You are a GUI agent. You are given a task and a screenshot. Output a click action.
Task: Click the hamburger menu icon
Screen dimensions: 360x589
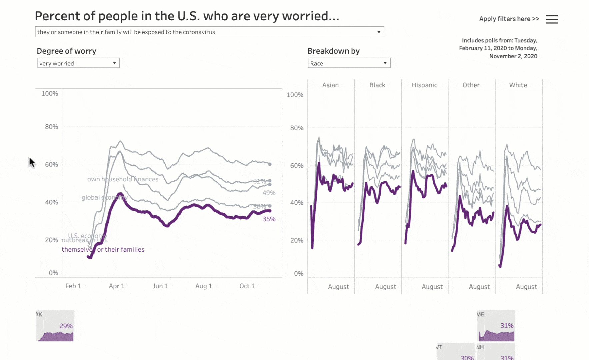(x=552, y=19)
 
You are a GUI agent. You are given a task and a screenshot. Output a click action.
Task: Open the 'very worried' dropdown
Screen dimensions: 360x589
(x=78, y=63)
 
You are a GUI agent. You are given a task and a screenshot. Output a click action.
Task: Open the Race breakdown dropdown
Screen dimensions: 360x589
(x=349, y=63)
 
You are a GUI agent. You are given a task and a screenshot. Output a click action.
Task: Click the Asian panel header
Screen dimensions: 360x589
(x=330, y=85)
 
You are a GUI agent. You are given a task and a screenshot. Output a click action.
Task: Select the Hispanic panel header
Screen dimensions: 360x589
(x=424, y=85)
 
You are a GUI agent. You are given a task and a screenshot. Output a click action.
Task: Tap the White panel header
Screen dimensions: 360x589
(x=518, y=85)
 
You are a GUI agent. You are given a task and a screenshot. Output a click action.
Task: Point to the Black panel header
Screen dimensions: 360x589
(x=377, y=85)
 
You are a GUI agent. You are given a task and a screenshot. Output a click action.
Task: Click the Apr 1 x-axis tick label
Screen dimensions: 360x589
(x=117, y=286)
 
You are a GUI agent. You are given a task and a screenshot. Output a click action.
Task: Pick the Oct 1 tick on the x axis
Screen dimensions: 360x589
(x=247, y=286)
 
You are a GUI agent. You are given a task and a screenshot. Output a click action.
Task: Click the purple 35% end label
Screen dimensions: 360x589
(x=269, y=219)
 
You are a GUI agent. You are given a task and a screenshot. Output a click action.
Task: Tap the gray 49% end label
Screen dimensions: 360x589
(x=269, y=193)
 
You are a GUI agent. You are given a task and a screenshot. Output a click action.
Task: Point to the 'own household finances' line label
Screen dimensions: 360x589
(x=123, y=179)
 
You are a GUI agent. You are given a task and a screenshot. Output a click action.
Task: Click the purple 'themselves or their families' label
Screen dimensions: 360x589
(x=103, y=249)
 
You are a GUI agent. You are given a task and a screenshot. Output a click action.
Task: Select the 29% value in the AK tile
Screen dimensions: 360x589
(x=66, y=326)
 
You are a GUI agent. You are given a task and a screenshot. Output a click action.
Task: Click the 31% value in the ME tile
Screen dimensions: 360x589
(x=507, y=325)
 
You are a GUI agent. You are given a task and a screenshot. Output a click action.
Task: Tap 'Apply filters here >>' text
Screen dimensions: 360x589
(x=509, y=19)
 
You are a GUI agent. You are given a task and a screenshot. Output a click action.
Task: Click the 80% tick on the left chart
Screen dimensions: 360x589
(x=51, y=127)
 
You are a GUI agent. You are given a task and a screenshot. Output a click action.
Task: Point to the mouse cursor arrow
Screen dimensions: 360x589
(x=32, y=162)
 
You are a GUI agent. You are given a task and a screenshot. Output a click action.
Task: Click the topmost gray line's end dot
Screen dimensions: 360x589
(x=270, y=164)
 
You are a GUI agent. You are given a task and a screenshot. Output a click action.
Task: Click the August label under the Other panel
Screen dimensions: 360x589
(x=479, y=287)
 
